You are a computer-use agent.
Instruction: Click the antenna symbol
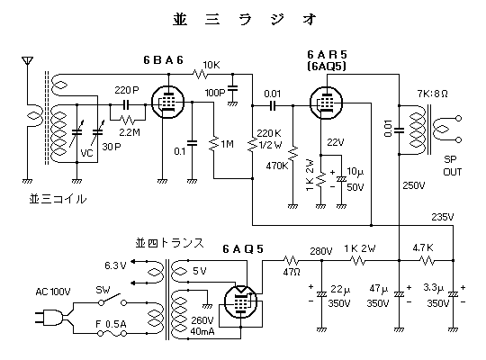point(27,60)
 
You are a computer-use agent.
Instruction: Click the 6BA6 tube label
point(163,59)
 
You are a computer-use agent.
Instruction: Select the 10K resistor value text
point(211,65)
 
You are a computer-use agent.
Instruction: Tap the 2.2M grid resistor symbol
point(128,120)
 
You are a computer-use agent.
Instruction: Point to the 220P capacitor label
point(127,90)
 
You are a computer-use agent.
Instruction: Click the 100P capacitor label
point(215,93)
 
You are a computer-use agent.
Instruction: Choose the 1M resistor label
point(227,144)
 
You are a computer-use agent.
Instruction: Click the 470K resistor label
point(277,166)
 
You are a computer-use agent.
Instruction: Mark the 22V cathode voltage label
point(336,142)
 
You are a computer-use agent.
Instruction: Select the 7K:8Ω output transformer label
point(432,94)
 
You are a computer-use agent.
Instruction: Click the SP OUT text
point(452,166)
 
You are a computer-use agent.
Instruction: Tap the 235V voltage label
point(443,217)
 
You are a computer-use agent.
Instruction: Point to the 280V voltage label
point(321,251)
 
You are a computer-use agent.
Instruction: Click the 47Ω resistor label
point(292,272)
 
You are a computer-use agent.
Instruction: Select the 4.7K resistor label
point(423,247)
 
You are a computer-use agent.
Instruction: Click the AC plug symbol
point(51,318)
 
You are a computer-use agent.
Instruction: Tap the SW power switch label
point(103,290)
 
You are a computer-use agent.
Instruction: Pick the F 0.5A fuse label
point(111,324)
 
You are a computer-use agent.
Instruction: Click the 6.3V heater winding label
point(115,265)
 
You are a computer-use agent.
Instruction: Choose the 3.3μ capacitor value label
point(434,287)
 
